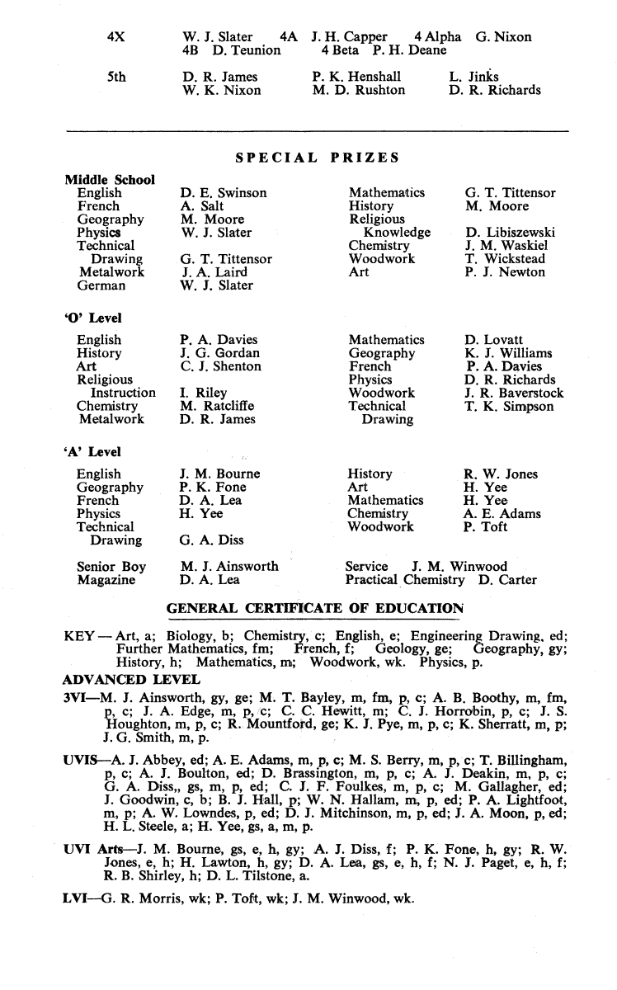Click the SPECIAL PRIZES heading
[x=318, y=158]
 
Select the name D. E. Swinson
[x=224, y=193]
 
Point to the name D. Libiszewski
[x=510, y=233]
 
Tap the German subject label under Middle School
[x=101, y=285]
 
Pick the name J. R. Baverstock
[x=514, y=394]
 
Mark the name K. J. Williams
[x=508, y=353]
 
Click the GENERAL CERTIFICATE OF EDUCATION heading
[x=315, y=609]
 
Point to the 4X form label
[x=116, y=37]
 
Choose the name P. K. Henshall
[x=356, y=78]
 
